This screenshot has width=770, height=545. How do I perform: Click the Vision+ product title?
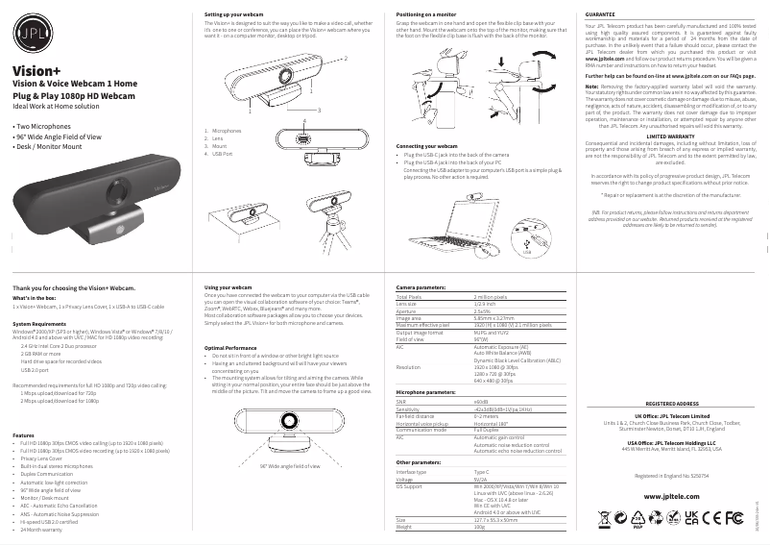(36, 71)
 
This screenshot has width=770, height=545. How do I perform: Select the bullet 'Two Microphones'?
(43, 126)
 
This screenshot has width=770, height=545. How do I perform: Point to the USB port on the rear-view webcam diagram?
(304, 139)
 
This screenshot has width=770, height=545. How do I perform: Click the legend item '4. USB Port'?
(225, 154)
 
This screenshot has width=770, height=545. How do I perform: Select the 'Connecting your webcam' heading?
(426, 145)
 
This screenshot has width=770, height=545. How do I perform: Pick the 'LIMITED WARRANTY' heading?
(670, 136)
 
